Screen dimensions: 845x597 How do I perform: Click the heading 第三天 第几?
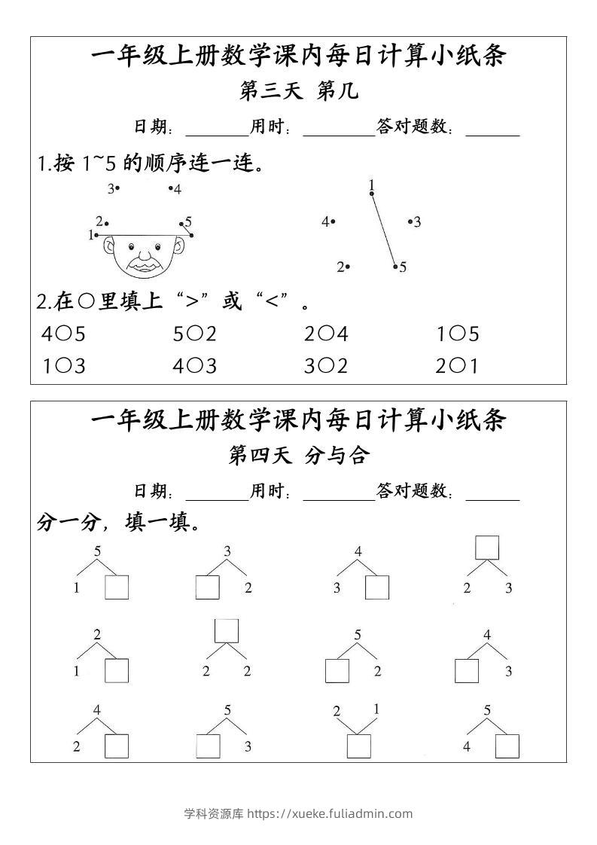tap(298, 91)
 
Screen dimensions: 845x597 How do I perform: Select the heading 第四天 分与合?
tap(298, 455)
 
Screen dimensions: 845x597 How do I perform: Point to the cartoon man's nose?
tap(142, 253)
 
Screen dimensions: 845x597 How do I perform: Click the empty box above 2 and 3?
tap(487, 548)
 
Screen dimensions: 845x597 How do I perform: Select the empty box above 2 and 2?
tap(226, 630)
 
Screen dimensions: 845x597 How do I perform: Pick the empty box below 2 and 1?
tap(358, 746)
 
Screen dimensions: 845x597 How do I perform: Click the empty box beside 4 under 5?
tap(507, 746)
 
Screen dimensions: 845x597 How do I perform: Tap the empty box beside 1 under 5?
tap(117, 587)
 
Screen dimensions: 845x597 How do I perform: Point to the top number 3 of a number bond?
tap(227, 551)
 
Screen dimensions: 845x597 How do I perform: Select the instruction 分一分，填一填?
tap(118, 522)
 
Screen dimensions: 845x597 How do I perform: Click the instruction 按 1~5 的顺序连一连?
tap(151, 163)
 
